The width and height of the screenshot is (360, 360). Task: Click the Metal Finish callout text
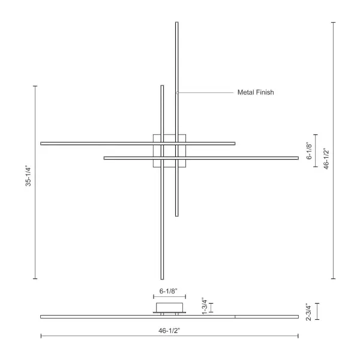coord(256,92)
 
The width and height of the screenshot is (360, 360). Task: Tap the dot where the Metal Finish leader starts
coord(177,92)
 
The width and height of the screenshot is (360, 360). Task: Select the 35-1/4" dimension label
coord(28,182)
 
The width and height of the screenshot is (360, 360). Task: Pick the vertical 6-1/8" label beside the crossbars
coord(309,151)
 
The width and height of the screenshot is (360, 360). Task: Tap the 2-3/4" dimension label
coord(308,311)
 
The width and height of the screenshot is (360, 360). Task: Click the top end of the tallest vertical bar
coord(177,23)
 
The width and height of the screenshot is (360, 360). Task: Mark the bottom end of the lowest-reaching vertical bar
coord(162,278)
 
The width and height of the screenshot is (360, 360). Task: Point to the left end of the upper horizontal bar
coord(41,143)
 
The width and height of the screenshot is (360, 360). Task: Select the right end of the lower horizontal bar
coord(298,158)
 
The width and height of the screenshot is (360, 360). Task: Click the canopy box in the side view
coord(169,308)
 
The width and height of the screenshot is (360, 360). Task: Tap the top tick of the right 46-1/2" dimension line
coord(334,22)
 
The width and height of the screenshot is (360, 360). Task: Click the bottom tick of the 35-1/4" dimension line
coord(35,279)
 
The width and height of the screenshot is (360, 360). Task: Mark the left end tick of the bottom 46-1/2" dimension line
coord(41,336)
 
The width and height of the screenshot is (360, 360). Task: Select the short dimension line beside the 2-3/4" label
coord(317,311)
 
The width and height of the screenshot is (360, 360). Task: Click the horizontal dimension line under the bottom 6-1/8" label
coord(169,296)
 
